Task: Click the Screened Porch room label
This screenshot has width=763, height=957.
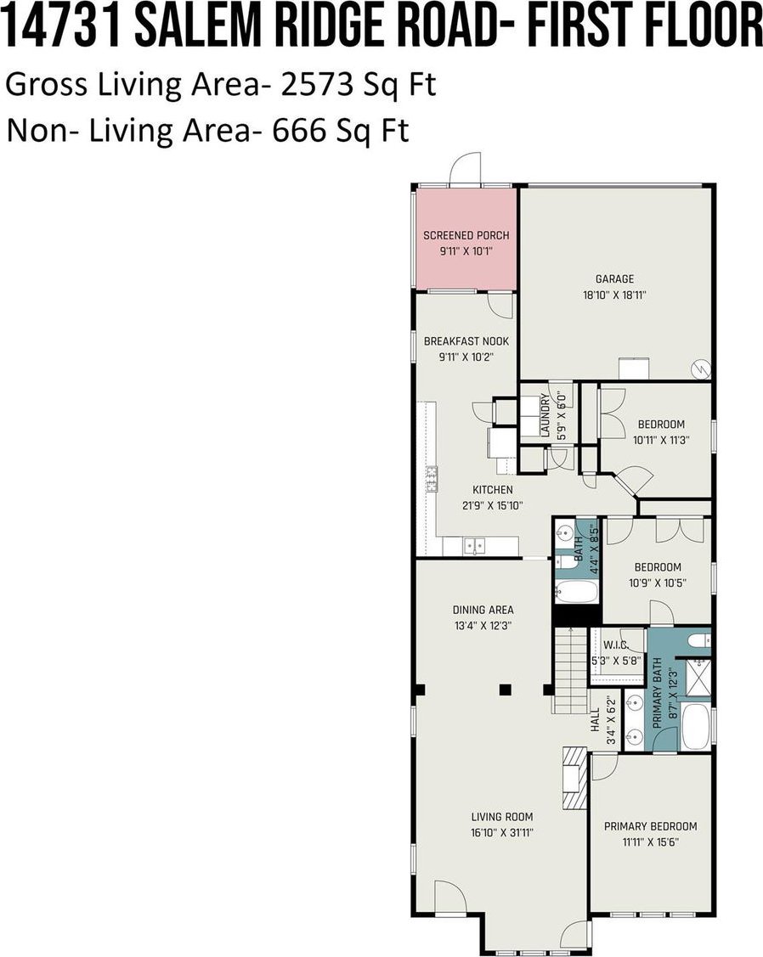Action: coord(466,235)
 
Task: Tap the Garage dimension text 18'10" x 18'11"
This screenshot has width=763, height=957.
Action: coord(614,296)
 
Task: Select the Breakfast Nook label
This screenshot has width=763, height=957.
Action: coord(466,341)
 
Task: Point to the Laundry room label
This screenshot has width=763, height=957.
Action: coord(545,415)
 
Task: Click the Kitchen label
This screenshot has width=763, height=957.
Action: coord(493,489)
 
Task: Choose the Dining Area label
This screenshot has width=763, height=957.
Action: coord(483,610)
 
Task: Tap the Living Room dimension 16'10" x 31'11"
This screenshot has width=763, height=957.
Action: coord(502,832)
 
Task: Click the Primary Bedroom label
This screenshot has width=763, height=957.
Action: coord(651,826)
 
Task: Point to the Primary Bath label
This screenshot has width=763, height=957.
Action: coord(658,693)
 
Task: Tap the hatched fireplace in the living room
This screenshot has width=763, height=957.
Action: coord(574,778)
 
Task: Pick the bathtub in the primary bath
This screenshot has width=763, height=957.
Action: coord(695,727)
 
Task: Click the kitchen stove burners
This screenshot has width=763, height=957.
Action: coord(432,479)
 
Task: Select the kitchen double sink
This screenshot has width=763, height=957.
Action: coord(474,545)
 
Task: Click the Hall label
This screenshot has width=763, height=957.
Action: coord(596,721)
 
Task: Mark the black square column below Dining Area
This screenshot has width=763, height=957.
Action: coord(505,690)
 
